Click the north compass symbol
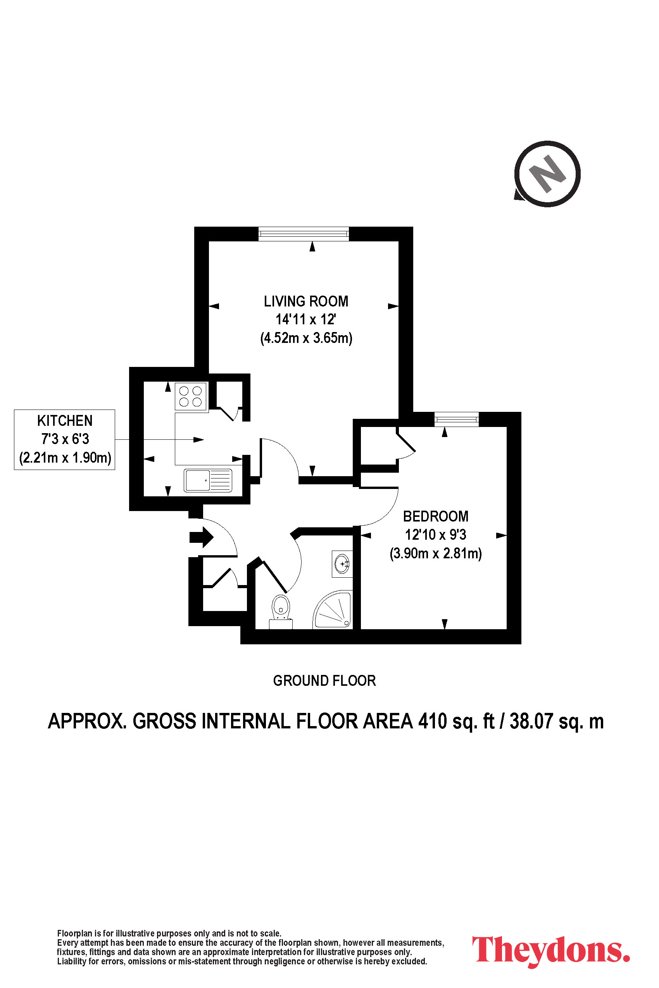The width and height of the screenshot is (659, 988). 547,174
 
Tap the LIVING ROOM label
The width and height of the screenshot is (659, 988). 306,301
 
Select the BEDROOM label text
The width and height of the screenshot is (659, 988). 435,516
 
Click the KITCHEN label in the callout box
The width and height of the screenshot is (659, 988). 65,420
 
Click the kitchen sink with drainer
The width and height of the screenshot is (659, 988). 208,480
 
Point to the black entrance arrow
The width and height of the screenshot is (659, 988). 201,537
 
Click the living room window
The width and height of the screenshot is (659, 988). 304,234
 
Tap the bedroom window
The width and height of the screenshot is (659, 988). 456,419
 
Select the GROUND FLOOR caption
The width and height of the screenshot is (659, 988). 324,680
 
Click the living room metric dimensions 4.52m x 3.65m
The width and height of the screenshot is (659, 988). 306,338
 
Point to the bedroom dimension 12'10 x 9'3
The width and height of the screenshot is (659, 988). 435,534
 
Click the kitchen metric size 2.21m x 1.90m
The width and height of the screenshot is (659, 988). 65,457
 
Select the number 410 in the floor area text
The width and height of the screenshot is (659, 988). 433,721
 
